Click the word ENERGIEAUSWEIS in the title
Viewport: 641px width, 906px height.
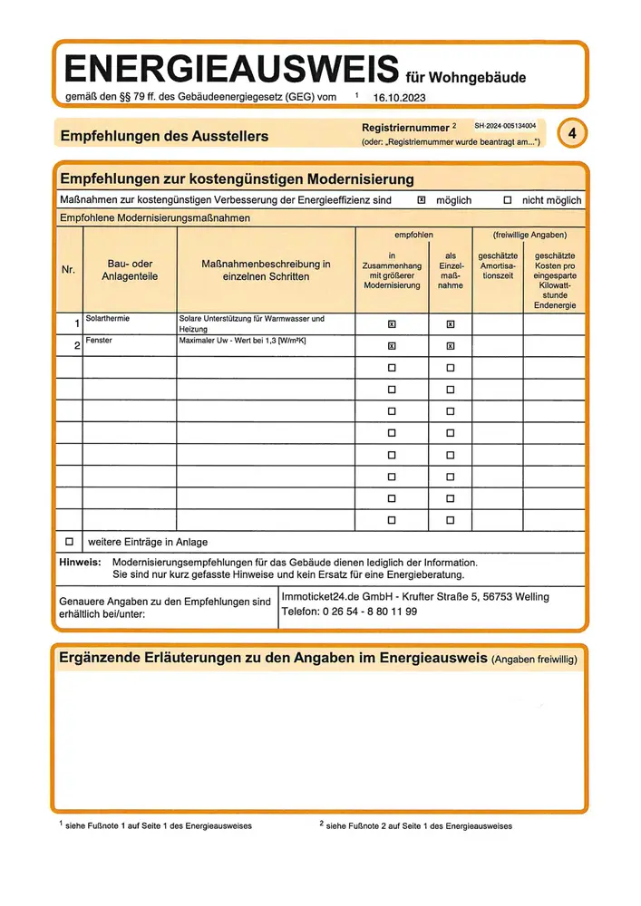[231, 68]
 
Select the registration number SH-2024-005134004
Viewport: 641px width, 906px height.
[505, 126]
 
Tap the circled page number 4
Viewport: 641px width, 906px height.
[572, 133]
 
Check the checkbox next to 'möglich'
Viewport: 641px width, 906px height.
[421, 199]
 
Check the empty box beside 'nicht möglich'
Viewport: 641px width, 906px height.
[508, 199]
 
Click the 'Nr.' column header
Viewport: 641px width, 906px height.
[69, 269]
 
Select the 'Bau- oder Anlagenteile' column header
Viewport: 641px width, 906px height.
[130, 270]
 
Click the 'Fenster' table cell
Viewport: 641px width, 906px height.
[99, 341]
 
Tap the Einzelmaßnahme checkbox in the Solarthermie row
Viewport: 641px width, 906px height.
[451, 323]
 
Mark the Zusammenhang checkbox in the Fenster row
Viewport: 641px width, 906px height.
[392, 345]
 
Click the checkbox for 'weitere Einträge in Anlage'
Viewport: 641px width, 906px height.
[69, 542]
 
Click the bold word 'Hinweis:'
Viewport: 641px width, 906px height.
[79, 563]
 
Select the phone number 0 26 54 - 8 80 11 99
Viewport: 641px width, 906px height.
[370, 612]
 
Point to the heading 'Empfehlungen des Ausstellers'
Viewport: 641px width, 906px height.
[164, 136]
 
